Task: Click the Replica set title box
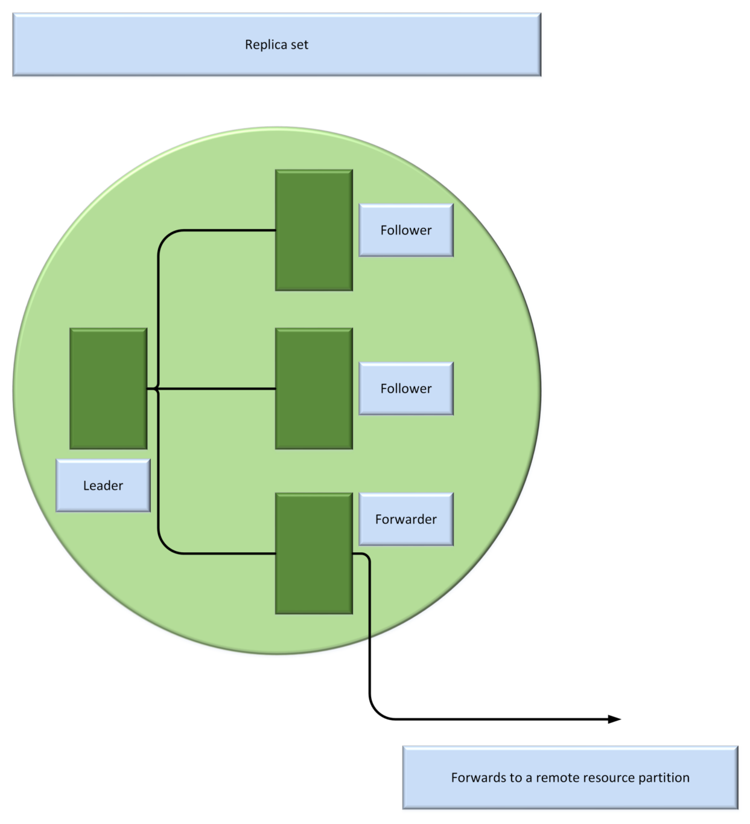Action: [x=276, y=45]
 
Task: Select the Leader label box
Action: [x=103, y=486]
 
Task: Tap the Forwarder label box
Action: [x=406, y=520]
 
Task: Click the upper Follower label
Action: [x=406, y=230]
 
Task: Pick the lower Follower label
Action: [x=406, y=388]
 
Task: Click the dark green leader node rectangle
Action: [x=109, y=388]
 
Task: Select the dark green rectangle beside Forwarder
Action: [x=314, y=553]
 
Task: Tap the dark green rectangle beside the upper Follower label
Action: [x=314, y=230]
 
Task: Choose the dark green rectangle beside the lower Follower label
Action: [x=314, y=388]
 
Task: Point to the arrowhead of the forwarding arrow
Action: [x=615, y=719]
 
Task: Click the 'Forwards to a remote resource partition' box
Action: [x=570, y=777]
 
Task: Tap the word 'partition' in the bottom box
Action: [x=664, y=777]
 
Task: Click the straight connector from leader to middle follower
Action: [x=217, y=388]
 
